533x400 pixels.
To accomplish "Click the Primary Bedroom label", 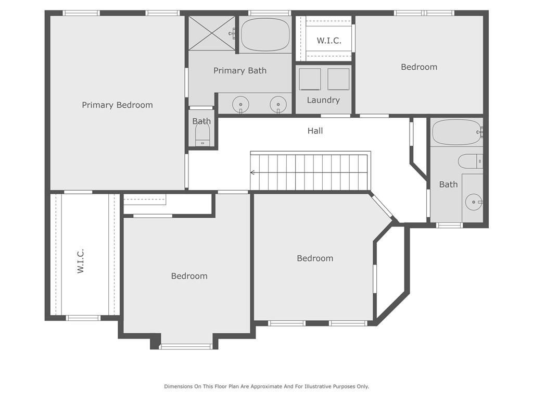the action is pos(117,105).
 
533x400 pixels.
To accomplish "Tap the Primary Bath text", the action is pos(240,70).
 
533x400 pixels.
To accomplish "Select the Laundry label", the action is pos(323,100).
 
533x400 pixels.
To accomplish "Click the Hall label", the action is pos(315,131).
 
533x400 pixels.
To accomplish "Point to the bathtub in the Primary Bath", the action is pos(265,35).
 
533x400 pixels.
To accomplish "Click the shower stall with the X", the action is pos(212,33).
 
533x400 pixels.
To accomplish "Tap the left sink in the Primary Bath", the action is pos(240,104).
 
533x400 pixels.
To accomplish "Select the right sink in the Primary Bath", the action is pos(278,104).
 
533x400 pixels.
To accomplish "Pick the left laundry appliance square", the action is pos(310,79).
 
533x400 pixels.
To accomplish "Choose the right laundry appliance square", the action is pos(338,79).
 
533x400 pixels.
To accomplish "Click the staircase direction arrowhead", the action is pos(252,172).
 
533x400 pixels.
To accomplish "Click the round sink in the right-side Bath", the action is pos(474,202).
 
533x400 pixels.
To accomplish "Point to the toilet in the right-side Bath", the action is pos(470,161).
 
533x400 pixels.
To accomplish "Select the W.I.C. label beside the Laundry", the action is pos(329,41).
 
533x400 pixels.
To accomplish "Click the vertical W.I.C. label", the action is pos(81,261).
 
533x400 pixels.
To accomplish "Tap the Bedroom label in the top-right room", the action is pos(419,67).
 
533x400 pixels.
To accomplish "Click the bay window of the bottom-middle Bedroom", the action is pos(186,346).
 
